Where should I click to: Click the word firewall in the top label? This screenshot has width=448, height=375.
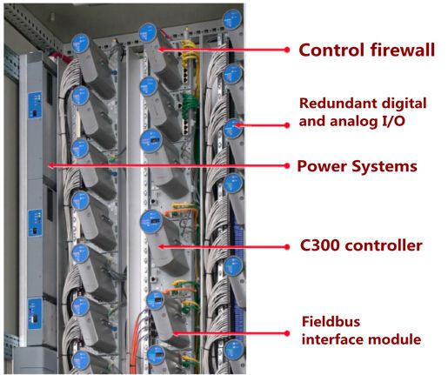pyautogui.click(x=402, y=50)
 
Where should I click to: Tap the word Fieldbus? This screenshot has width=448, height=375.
pyautogui.click(x=331, y=322)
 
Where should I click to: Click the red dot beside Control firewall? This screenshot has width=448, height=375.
pyautogui.click(x=287, y=50)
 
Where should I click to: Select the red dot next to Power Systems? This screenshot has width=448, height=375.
pyautogui.click(x=287, y=166)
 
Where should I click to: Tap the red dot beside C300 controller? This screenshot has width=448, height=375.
pyautogui.click(x=287, y=247)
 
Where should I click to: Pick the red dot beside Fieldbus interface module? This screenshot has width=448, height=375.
pyautogui.click(x=287, y=333)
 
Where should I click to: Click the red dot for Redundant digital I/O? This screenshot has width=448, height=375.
pyautogui.click(x=287, y=125)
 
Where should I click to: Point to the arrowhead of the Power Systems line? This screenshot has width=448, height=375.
pyautogui.click(x=50, y=165)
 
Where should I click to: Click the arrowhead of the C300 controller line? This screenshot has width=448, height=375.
pyautogui.click(x=161, y=247)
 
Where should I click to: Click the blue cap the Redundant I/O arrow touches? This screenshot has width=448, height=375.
pyautogui.click(x=233, y=129)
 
